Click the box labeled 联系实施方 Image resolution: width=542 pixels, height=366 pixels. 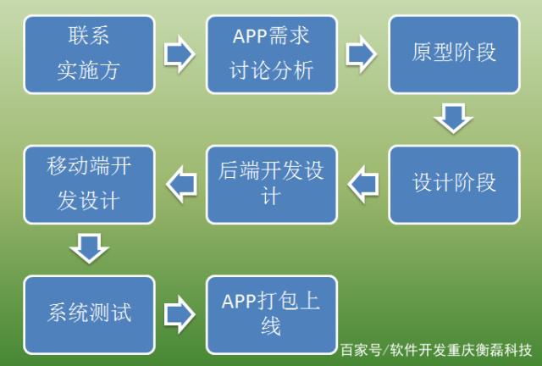(89, 53)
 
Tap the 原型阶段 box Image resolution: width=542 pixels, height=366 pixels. (453, 53)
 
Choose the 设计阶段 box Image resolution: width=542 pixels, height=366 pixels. (453, 184)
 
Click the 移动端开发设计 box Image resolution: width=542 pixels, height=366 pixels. (89, 184)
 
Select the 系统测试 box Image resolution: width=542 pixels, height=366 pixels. (89, 314)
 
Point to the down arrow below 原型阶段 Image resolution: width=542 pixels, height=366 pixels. (453, 118)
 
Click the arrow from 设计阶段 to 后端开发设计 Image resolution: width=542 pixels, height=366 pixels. (362, 183)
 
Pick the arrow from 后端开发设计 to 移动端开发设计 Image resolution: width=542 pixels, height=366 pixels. (180, 183)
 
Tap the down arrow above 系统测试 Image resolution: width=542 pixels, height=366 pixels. (89, 249)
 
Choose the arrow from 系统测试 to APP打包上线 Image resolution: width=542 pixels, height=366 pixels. (180, 314)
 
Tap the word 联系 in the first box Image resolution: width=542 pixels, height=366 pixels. (89, 38)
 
